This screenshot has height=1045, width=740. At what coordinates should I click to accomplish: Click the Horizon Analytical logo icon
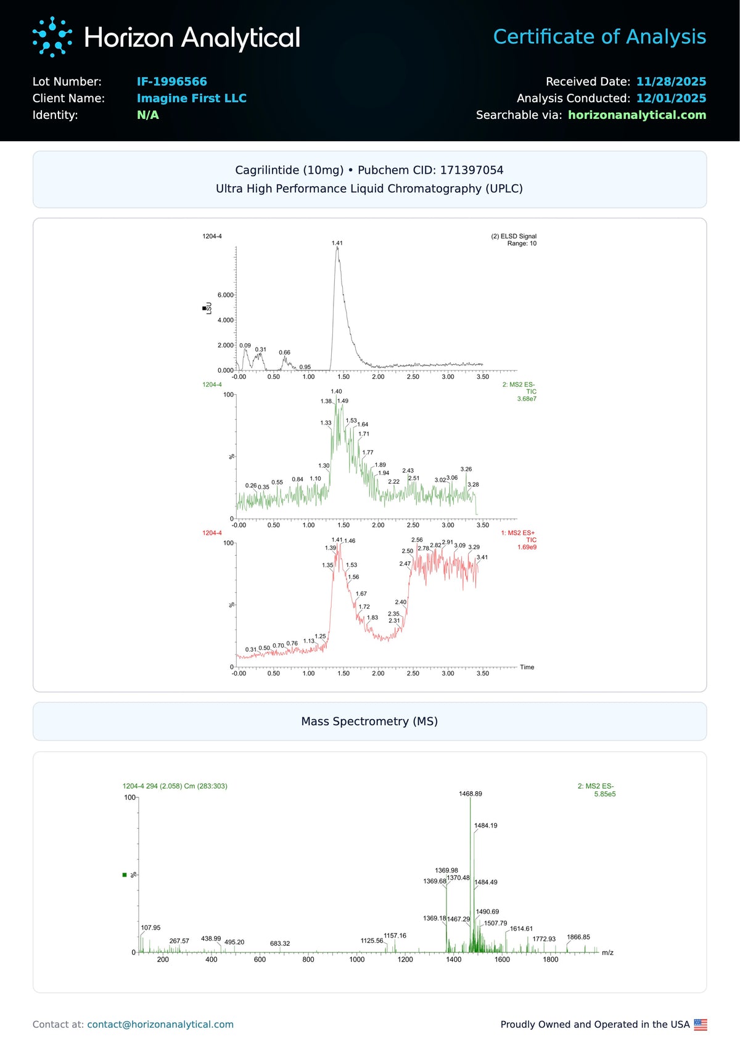[x=52, y=37]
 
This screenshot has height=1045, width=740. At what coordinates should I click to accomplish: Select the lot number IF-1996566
[x=171, y=81]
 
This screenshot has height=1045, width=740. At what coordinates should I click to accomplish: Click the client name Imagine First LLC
[x=191, y=98]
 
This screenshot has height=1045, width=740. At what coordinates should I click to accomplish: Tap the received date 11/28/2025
[x=671, y=81]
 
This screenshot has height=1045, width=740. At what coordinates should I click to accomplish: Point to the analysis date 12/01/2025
[x=671, y=98]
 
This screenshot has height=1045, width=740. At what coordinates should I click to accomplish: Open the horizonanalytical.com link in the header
[x=636, y=115]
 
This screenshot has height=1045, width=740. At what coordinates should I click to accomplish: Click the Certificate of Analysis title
[x=599, y=37]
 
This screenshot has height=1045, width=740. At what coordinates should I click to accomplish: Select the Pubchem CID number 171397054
[x=472, y=170]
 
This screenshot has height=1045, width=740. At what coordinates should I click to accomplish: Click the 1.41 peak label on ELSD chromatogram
[x=337, y=243]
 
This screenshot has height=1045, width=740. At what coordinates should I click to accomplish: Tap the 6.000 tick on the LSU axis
[x=225, y=295]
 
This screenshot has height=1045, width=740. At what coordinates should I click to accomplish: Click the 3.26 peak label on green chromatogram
[x=466, y=469]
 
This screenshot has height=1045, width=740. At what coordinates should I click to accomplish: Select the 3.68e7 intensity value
[x=527, y=399]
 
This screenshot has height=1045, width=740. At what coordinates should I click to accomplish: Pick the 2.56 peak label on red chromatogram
[x=417, y=540]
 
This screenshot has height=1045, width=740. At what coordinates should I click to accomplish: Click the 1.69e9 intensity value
[x=527, y=547]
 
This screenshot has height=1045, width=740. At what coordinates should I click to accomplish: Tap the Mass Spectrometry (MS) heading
[x=369, y=722]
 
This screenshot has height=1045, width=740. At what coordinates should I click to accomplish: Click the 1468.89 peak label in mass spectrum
[x=471, y=794]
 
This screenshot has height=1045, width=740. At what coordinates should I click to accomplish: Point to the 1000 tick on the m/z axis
[x=357, y=959]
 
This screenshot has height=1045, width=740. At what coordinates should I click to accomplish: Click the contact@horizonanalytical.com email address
[x=160, y=1025]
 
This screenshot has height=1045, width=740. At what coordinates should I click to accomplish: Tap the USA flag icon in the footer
[x=701, y=1025]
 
